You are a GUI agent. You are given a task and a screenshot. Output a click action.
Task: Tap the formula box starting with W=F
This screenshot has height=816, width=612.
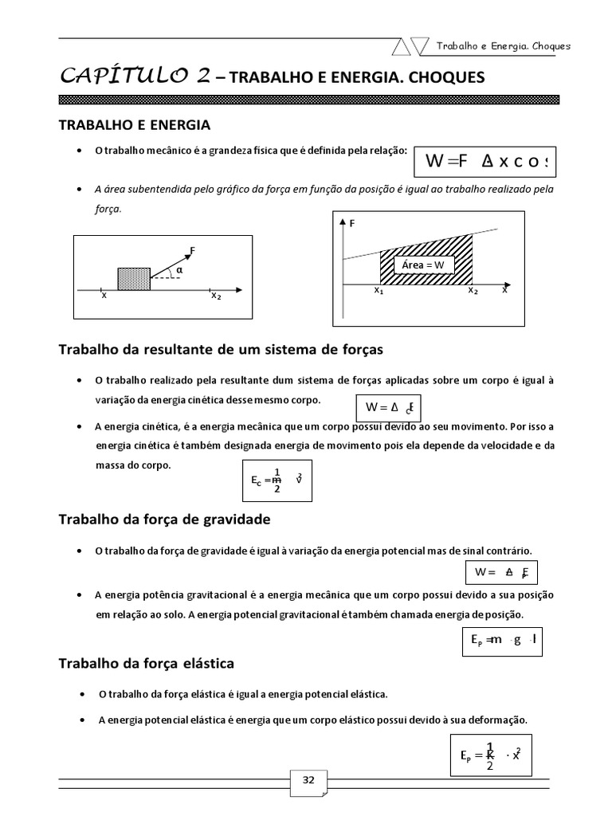click(x=484, y=162)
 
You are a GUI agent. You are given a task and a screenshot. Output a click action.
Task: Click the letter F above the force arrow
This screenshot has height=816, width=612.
click(x=192, y=251)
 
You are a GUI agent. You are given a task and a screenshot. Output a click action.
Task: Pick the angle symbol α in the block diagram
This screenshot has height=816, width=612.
click(x=179, y=270)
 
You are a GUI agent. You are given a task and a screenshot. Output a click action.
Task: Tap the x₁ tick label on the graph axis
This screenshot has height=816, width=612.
click(x=379, y=291)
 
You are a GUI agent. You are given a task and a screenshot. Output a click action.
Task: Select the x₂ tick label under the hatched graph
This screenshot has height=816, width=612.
click(x=473, y=291)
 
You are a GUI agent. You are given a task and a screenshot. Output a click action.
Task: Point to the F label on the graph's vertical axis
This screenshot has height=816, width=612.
click(x=351, y=225)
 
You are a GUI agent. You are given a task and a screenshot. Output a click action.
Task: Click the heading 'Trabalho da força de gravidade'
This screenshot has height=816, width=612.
click(x=165, y=520)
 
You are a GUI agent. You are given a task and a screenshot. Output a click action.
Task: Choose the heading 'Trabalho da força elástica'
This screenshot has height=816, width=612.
click(x=147, y=663)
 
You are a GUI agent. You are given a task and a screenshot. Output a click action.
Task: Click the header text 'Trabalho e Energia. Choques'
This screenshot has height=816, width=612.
click(x=503, y=45)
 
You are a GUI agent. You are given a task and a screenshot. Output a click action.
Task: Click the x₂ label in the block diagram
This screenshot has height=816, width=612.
click(x=216, y=296)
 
